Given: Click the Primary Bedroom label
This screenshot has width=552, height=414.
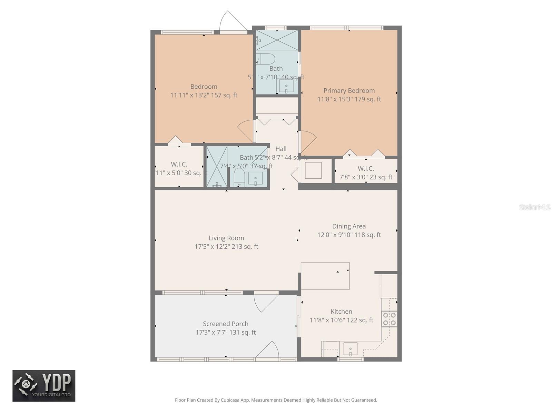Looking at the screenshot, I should pyautogui.click(x=349, y=91).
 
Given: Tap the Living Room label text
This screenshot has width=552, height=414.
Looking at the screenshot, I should pyautogui.click(x=226, y=238).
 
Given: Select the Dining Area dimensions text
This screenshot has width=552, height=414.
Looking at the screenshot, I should pyautogui.click(x=349, y=235).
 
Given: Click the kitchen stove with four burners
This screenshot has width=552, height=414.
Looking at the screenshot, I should pyautogui.click(x=389, y=319).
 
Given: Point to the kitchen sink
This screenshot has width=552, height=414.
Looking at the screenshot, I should pyautogui.click(x=350, y=349).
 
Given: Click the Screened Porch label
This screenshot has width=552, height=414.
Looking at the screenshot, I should pyautogui.click(x=226, y=324).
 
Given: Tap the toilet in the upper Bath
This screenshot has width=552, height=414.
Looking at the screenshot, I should pyautogui.click(x=266, y=59).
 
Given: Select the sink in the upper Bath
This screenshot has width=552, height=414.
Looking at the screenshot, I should pyautogui.click(x=286, y=86).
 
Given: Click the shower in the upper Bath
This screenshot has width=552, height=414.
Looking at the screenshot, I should pyautogui.click(x=277, y=40).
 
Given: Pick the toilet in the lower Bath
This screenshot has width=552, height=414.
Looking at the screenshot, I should pyautogui.click(x=239, y=178).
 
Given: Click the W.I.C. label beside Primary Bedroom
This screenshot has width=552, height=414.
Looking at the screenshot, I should pyautogui.click(x=366, y=169).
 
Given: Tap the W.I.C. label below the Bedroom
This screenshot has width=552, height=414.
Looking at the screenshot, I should pyautogui.click(x=179, y=165).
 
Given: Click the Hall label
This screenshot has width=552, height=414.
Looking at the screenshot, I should pyautogui.click(x=281, y=149).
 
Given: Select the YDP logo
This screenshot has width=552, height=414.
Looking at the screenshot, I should pyautogui.click(x=44, y=386).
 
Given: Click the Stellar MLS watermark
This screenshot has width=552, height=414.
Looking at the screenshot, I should pyautogui.click(x=534, y=207).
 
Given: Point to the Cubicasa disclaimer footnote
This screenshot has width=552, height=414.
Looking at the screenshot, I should pyautogui.click(x=276, y=400).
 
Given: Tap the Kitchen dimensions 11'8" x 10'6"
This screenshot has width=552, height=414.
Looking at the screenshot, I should pyautogui.click(x=341, y=320).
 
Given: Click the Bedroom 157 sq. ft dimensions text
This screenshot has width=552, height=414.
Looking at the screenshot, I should pyautogui.click(x=204, y=95).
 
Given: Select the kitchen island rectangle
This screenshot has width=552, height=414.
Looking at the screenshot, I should pyautogui.click(x=325, y=276).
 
